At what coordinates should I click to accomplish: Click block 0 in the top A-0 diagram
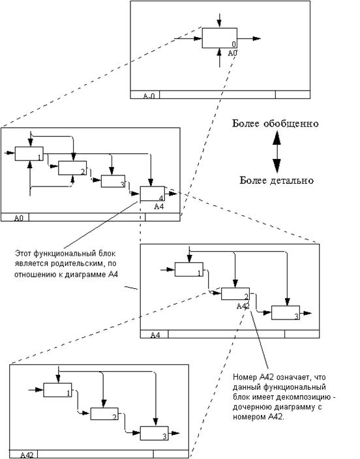click(219, 38)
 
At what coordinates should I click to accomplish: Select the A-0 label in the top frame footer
click(149, 96)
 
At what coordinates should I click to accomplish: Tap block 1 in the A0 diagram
click(29, 154)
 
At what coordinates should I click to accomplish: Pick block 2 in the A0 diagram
click(72, 168)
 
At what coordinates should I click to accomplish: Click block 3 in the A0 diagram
click(113, 181)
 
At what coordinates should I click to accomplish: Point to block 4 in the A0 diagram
click(153, 194)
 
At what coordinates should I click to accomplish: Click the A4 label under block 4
click(158, 207)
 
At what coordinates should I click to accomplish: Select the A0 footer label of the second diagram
click(19, 218)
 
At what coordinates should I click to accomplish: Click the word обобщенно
click(291, 123)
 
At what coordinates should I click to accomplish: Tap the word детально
click(291, 181)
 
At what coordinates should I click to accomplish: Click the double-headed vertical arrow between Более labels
click(277, 152)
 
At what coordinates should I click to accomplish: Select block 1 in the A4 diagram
click(189, 269)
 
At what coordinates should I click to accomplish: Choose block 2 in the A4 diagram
click(235, 293)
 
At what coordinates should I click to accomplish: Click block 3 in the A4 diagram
click(286, 313)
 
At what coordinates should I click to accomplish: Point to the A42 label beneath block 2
click(243, 306)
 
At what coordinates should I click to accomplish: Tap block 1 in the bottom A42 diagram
click(57, 390)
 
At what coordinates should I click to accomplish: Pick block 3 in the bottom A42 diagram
click(154, 433)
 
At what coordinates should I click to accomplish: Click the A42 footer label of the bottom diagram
click(27, 454)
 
